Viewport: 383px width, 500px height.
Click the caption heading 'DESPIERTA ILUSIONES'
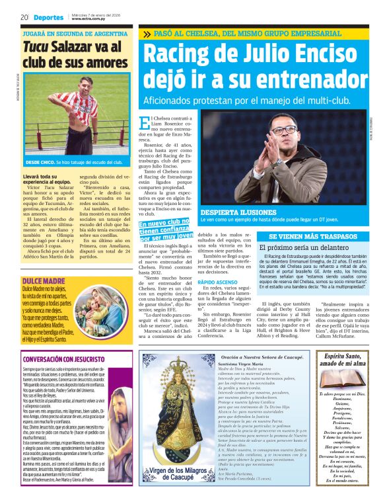point(229,212)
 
